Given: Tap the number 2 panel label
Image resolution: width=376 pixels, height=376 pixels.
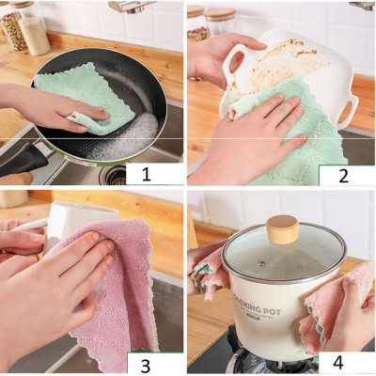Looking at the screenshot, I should (345, 174).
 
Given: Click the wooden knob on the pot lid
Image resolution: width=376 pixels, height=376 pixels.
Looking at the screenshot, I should (282, 228).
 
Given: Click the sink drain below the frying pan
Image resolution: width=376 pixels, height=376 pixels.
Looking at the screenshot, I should (114, 175).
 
